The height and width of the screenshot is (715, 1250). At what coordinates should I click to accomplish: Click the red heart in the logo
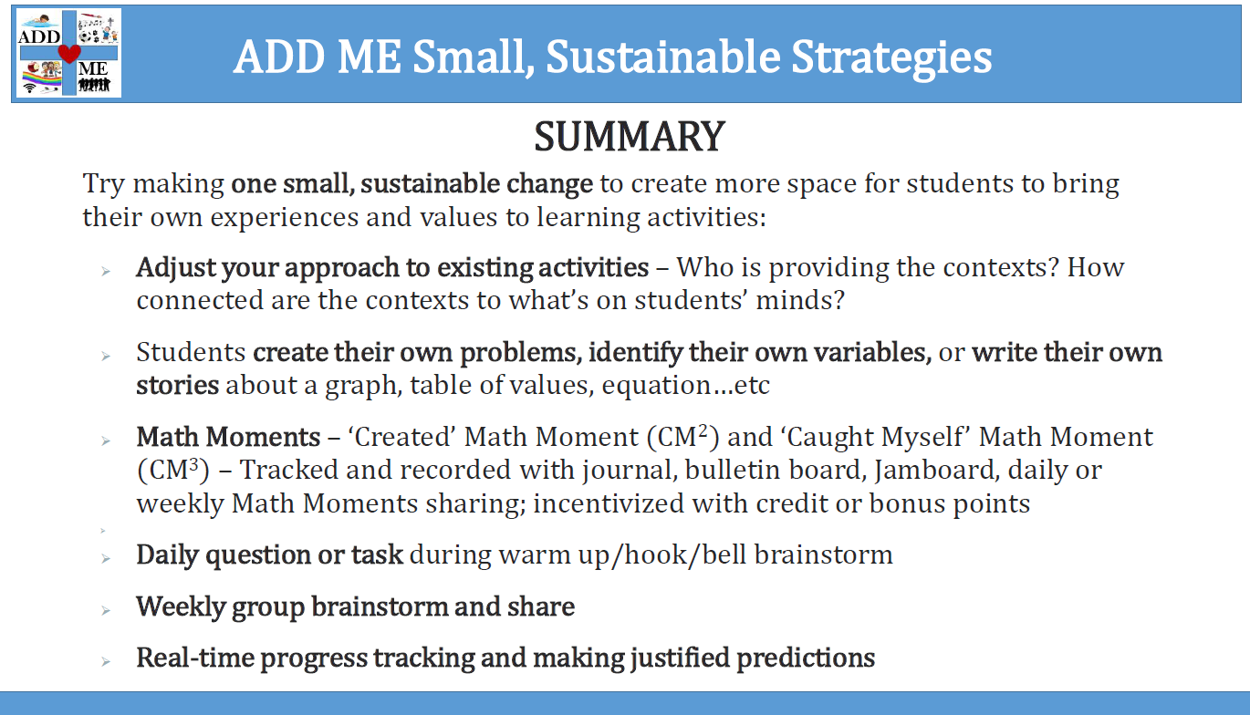click(69, 54)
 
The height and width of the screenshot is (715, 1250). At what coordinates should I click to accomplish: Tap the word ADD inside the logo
click(39, 36)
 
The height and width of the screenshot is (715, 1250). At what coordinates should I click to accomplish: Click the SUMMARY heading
click(630, 137)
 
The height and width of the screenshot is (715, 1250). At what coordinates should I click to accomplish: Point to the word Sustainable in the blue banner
click(663, 57)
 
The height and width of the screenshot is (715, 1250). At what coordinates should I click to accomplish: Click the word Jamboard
click(937, 471)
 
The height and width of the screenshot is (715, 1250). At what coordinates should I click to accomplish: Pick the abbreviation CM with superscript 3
click(173, 471)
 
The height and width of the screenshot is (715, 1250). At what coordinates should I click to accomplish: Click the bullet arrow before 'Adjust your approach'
click(106, 272)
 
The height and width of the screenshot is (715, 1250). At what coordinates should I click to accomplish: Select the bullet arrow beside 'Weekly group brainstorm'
click(106, 611)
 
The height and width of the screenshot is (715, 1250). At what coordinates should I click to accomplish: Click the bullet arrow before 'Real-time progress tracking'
click(106, 662)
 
